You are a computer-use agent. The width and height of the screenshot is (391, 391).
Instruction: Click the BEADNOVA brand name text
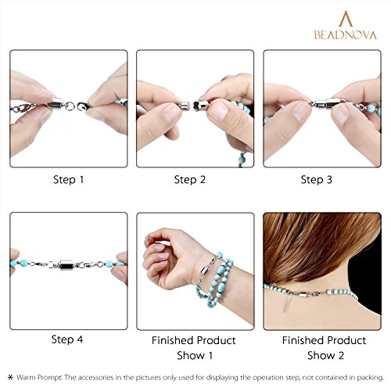coord(346,35)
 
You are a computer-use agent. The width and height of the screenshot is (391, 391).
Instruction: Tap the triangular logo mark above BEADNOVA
coord(346,19)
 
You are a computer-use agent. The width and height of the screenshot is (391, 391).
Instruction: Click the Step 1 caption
coord(68,180)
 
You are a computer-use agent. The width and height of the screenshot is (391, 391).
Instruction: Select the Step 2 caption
coord(190,180)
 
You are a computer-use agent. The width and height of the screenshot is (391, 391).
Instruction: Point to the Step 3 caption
coord(317,180)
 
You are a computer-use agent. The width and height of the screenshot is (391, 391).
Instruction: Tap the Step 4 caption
coord(67,339)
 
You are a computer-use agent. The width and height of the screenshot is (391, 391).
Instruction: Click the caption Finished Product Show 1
coord(194,348)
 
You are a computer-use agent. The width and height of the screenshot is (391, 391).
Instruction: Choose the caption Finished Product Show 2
coord(325,348)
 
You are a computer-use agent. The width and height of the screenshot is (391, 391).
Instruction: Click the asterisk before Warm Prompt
coord(10,377)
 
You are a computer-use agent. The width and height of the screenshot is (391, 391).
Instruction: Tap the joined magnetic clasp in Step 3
coord(326,103)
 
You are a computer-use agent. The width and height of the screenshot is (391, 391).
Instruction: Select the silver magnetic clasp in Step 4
coord(66,265)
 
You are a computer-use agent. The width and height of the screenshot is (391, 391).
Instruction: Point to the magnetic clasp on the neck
coord(303,296)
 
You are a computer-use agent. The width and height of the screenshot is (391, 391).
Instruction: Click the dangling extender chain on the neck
coord(286,303)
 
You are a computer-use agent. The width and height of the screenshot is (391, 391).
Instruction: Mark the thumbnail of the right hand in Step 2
coord(218,110)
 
